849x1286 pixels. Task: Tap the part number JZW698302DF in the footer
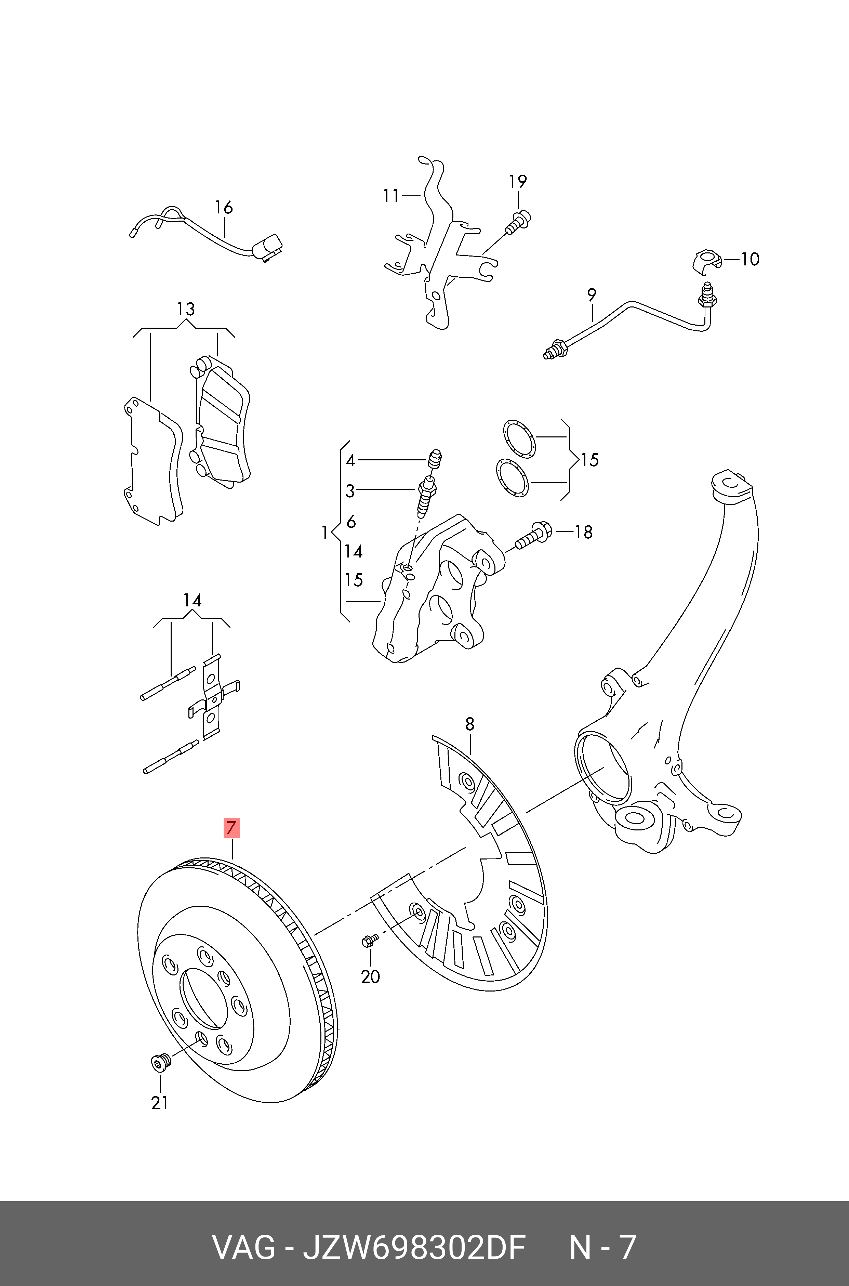click(414, 1248)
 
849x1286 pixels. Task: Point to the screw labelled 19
click(519, 222)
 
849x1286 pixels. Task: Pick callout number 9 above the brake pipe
click(592, 295)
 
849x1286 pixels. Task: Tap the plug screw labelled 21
click(160, 1062)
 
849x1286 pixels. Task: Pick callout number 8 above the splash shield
click(469, 724)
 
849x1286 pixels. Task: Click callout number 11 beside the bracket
click(391, 196)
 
